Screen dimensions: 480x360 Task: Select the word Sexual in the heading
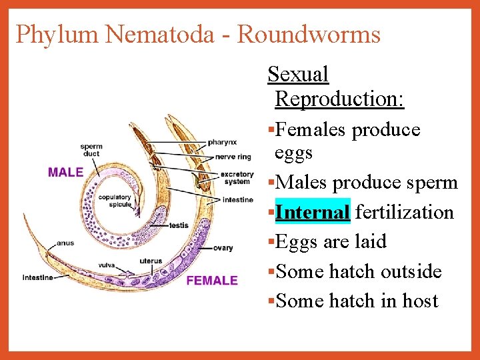pyautogui.click(x=297, y=74)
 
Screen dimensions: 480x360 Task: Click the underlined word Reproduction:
pyautogui.click(x=339, y=99)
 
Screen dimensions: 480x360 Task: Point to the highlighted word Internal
pyautogui.click(x=312, y=212)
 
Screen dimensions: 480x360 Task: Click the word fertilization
pyautogui.click(x=405, y=212)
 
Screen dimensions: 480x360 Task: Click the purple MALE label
pyautogui.click(x=65, y=172)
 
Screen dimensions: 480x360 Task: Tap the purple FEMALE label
pyautogui.click(x=212, y=280)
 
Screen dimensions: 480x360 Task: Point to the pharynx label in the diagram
pyautogui.click(x=221, y=142)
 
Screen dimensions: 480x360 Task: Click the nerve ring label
pyautogui.click(x=233, y=157)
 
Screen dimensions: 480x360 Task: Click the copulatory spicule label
pyautogui.click(x=115, y=201)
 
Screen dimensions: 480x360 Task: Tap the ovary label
pyautogui.click(x=223, y=248)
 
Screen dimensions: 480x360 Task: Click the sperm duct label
pyautogui.click(x=91, y=150)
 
